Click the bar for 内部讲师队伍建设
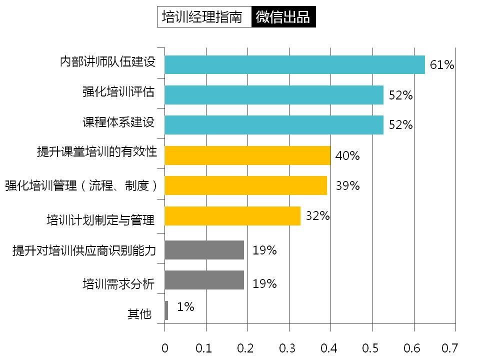tap(294, 64)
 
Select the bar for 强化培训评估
tap(273, 95)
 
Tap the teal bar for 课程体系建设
tap(273, 125)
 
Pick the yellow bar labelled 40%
tap(247, 155)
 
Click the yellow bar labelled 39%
tap(245, 185)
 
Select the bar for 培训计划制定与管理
tap(232, 216)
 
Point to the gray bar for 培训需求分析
tap(204, 280)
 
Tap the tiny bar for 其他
tap(166, 310)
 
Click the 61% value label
tap(442, 64)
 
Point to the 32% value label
tap(317, 216)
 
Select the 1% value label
tap(185, 307)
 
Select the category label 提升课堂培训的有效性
tap(97, 151)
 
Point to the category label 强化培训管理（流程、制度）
tap(81, 186)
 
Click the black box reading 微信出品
tap(283, 17)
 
